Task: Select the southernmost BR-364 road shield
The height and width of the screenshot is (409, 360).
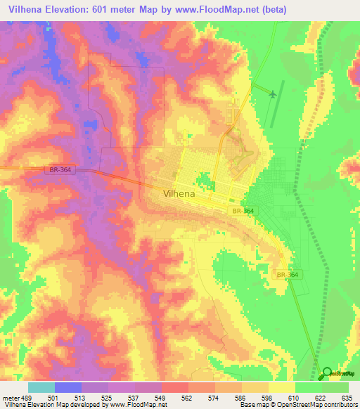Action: (x=288, y=275)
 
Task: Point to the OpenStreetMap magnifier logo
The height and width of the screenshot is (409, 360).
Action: (x=327, y=374)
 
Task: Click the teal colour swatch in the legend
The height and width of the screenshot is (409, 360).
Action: (x=41, y=387)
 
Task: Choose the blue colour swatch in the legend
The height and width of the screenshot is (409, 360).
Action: (x=68, y=387)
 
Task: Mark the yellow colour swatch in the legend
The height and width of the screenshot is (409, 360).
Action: (x=281, y=387)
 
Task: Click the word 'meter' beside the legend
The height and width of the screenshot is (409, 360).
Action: (x=8, y=398)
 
